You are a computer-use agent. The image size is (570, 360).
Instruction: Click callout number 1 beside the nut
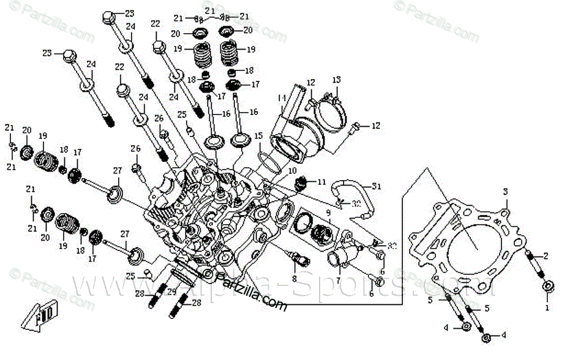click(x=547, y=301)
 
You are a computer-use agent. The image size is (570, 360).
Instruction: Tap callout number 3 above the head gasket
click(x=506, y=192)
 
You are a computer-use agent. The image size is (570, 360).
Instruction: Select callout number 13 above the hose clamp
click(x=336, y=80)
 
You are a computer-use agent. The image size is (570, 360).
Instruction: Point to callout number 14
click(x=282, y=98)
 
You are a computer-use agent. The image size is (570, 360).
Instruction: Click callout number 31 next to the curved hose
click(x=377, y=186)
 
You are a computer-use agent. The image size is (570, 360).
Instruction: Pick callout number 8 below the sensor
click(x=294, y=279)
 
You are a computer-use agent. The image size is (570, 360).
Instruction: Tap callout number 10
click(x=293, y=170)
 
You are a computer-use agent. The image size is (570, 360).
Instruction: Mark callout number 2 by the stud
click(x=546, y=257)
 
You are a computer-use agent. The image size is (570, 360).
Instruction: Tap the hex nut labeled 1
click(x=549, y=285)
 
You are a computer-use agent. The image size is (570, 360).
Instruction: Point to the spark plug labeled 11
click(x=301, y=183)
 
